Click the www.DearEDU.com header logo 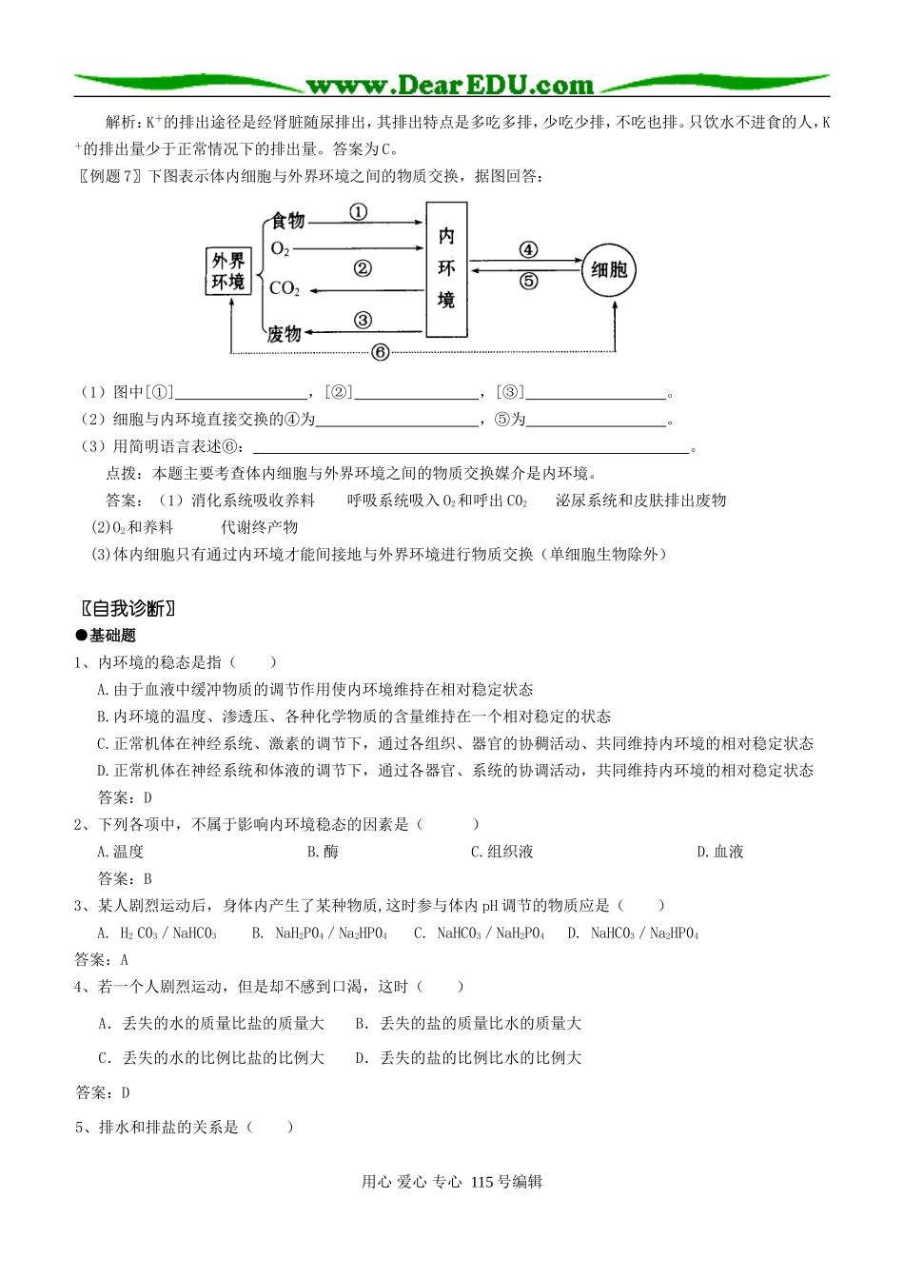pos(450,86)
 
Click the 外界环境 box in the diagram pos(228,271)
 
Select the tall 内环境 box pos(446,269)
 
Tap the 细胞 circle pos(608,270)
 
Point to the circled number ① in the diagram pos(358,212)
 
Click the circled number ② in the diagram pos(363,268)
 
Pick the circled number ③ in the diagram pos(363,321)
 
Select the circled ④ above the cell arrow pos(528,249)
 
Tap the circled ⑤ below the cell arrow pos(528,281)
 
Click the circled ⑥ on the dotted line pos(380,353)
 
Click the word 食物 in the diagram pos(288,221)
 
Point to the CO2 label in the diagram pos(285,288)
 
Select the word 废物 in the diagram pos(285,334)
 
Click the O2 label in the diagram pos(280,249)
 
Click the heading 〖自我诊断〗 pos(128,609)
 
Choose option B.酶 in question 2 pos(323,852)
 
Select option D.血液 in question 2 pos(720,852)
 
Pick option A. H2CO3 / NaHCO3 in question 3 pos(158,933)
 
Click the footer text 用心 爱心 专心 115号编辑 pos(452,1182)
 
